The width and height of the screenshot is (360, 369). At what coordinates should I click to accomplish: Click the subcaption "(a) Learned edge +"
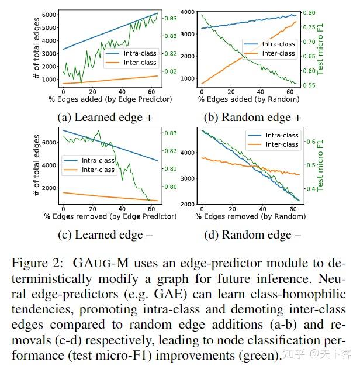coord(105,117)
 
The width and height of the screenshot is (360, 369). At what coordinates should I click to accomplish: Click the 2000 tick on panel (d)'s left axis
coord(186,204)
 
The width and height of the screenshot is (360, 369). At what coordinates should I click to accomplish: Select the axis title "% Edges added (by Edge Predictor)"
coord(106,99)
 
